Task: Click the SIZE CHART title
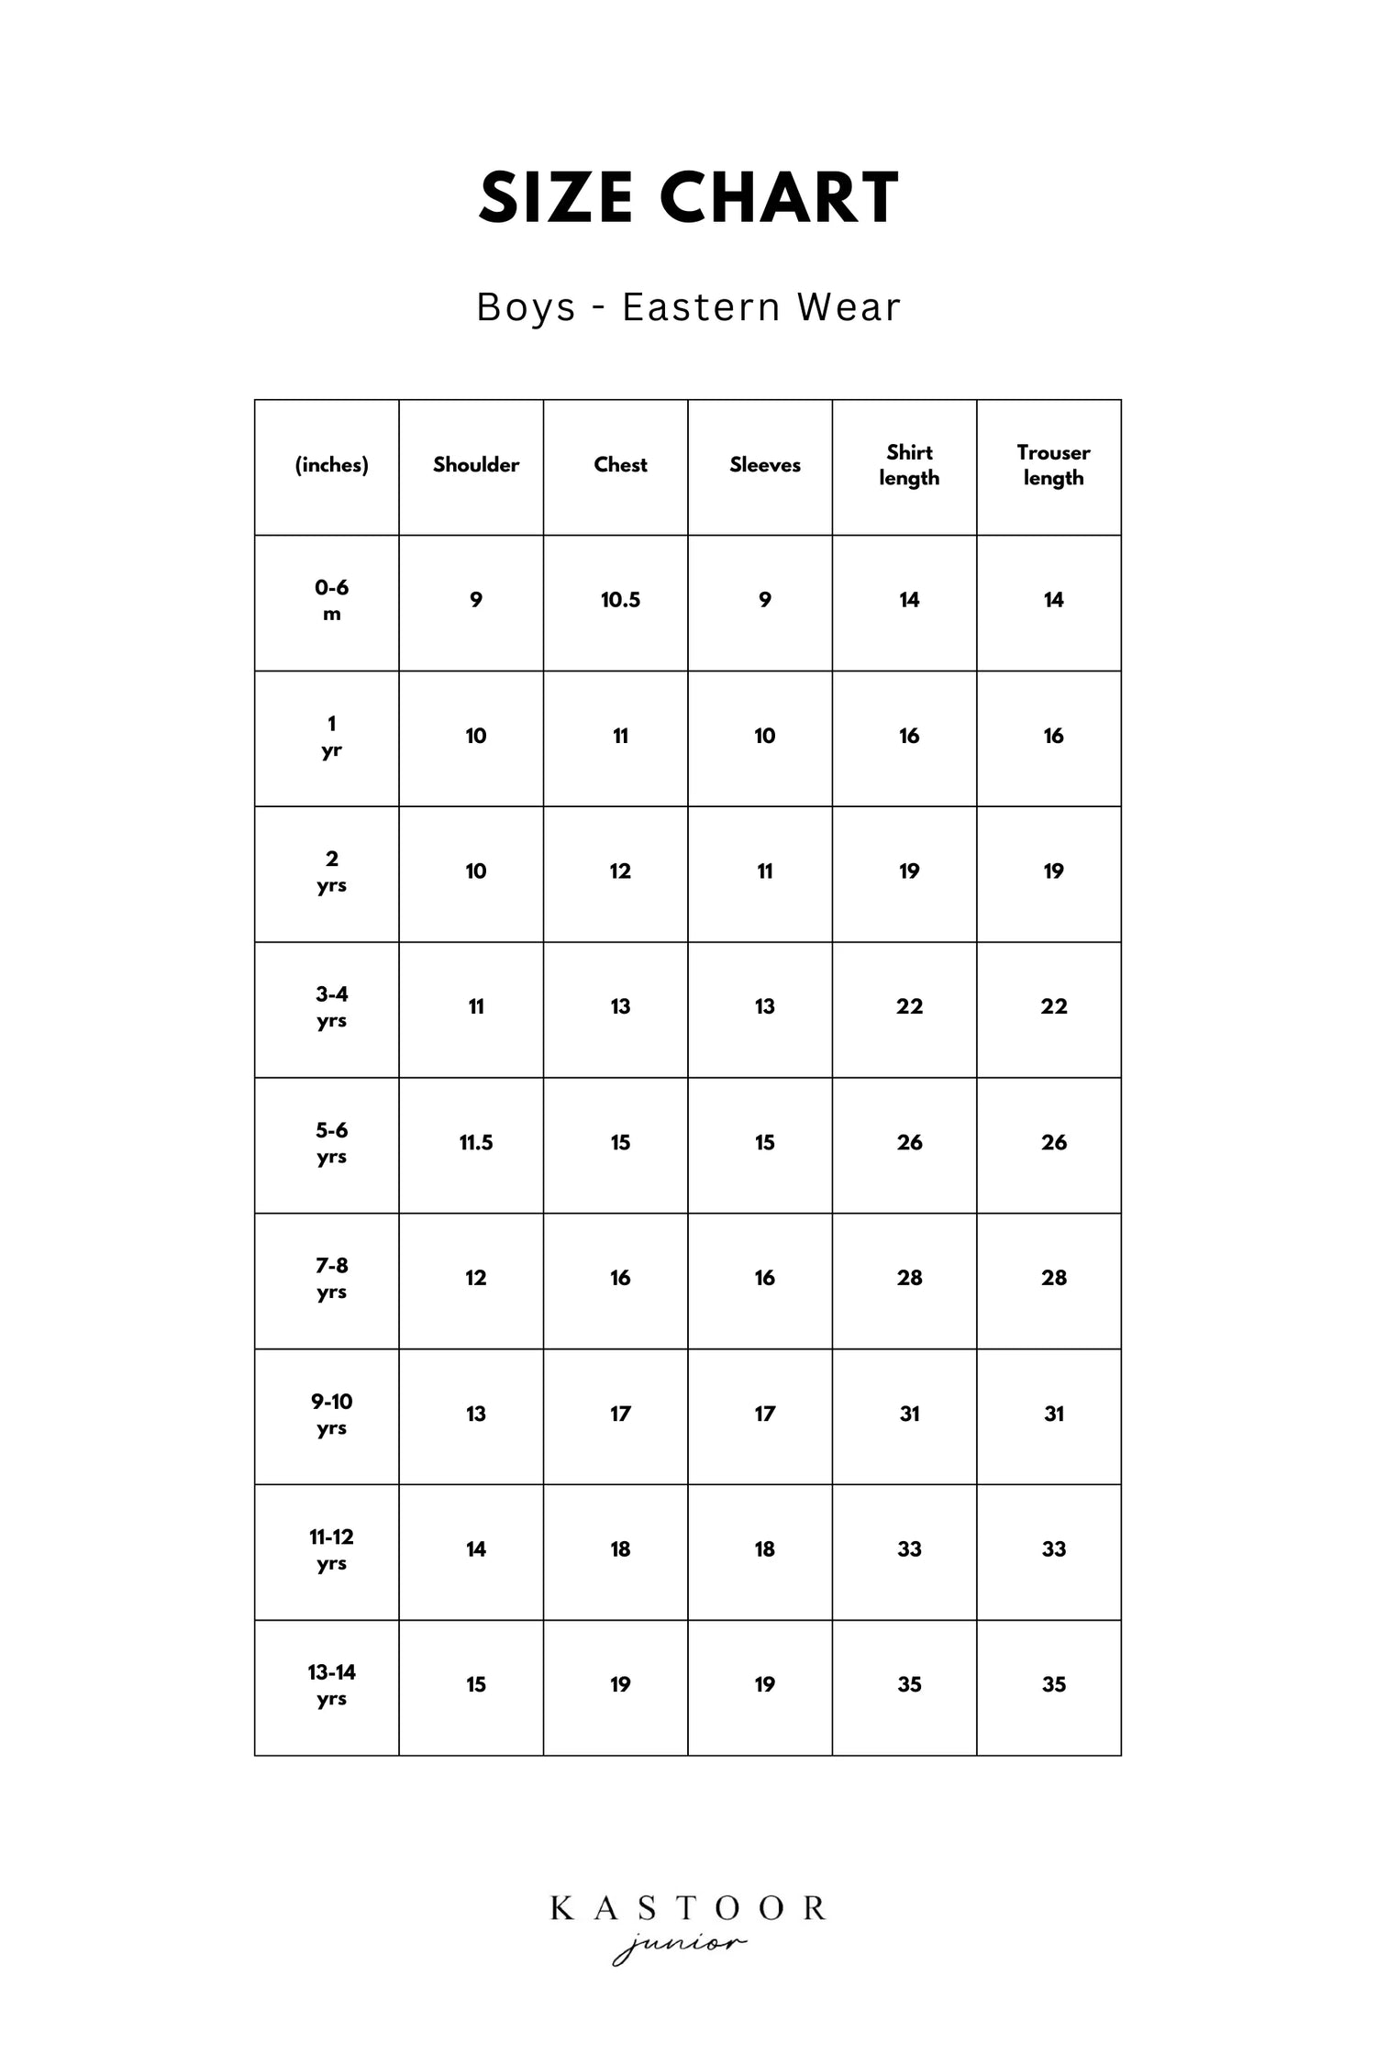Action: click(x=688, y=198)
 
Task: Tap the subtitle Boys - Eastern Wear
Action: click(x=688, y=307)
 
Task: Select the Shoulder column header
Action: click(x=475, y=465)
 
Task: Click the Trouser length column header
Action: click(x=1053, y=465)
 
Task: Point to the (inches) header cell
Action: click(x=331, y=465)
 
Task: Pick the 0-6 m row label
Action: click(x=331, y=600)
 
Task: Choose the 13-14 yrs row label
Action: click(x=331, y=1684)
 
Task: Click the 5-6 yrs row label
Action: click(x=331, y=1142)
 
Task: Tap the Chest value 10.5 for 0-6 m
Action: click(x=620, y=600)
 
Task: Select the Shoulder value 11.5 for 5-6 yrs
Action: click(x=475, y=1142)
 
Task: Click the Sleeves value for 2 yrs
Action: click(x=764, y=871)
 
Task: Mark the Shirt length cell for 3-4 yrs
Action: click(x=909, y=1006)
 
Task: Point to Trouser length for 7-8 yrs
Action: click(x=1053, y=1278)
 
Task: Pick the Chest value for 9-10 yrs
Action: click(x=620, y=1414)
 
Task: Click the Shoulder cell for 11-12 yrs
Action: click(x=475, y=1549)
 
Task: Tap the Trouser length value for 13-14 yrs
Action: click(x=1053, y=1684)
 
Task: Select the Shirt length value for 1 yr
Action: click(x=909, y=736)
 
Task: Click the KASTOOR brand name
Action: click(x=688, y=1909)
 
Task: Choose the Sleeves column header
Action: click(x=764, y=465)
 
